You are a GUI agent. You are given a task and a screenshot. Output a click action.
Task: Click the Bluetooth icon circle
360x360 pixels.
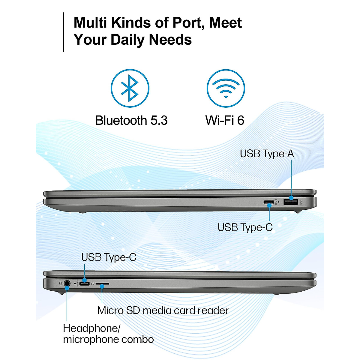pyautogui.click(x=130, y=88)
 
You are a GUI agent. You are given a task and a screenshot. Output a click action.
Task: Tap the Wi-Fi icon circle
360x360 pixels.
pyautogui.click(x=226, y=88)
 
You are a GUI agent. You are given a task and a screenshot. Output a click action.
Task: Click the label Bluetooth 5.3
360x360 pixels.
pyautogui.click(x=131, y=121)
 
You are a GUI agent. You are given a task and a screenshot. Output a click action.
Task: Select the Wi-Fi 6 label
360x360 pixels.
pyautogui.click(x=225, y=121)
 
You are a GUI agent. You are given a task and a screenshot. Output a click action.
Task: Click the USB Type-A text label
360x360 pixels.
pyautogui.click(x=267, y=154)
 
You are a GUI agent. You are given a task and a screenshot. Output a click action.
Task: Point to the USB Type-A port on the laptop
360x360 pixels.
pyautogui.click(x=291, y=202)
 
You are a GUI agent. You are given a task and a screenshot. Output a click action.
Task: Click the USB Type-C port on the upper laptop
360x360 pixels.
pyautogui.click(x=269, y=202)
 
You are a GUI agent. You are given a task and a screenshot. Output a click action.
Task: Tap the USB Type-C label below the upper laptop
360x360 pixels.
pyautogui.click(x=245, y=227)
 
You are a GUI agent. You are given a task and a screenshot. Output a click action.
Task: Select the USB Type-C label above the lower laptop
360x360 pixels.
pyautogui.click(x=109, y=257)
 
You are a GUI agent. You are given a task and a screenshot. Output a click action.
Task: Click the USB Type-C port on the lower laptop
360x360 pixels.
pyautogui.click(x=84, y=283)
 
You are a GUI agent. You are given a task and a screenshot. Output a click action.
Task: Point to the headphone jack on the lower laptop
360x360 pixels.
pyautogui.click(x=67, y=283)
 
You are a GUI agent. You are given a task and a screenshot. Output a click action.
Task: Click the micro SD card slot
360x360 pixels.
pyautogui.click(x=102, y=283)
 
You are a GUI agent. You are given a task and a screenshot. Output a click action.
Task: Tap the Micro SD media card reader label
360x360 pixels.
pyautogui.click(x=163, y=310)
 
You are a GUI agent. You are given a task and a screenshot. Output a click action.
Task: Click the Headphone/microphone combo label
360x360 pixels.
pyautogui.click(x=108, y=334)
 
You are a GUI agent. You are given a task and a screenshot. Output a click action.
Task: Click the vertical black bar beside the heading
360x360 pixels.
pyautogui.click(x=64, y=32)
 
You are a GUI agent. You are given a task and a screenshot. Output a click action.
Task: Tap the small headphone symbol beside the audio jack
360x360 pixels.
pyautogui.click(x=60, y=283)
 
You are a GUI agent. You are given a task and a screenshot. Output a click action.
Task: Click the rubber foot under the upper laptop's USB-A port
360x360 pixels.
pyautogui.click(x=297, y=211)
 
